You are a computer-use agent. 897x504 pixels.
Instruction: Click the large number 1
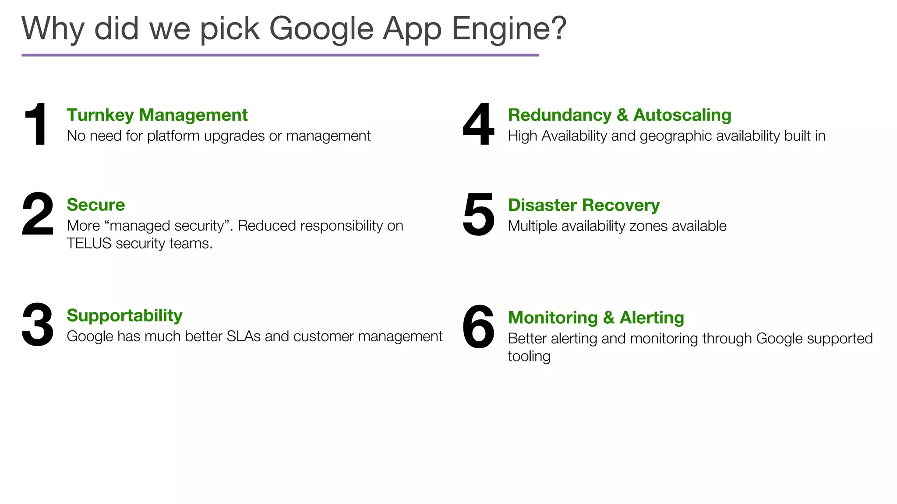click(x=37, y=124)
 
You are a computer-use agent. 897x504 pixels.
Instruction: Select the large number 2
click(x=38, y=214)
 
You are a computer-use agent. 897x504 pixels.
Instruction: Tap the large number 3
click(x=38, y=325)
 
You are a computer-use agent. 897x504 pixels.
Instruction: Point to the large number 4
click(x=478, y=124)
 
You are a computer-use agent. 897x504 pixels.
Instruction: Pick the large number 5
click(x=478, y=214)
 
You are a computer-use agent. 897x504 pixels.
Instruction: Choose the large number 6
click(x=478, y=327)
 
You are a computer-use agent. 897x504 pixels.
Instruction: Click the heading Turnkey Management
click(x=157, y=115)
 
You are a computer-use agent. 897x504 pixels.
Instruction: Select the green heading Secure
click(x=96, y=205)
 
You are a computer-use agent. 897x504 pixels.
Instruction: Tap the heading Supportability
click(x=124, y=315)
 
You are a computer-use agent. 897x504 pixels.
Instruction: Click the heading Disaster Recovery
click(x=584, y=205)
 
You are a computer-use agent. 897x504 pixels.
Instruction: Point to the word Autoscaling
click(x=682, y=115)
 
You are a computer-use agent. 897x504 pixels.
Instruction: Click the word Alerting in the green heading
click(x=652, y=318)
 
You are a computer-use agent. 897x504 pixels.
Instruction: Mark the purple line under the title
click(x=280, y=55)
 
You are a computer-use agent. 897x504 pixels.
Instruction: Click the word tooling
click(x=529, y=356)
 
